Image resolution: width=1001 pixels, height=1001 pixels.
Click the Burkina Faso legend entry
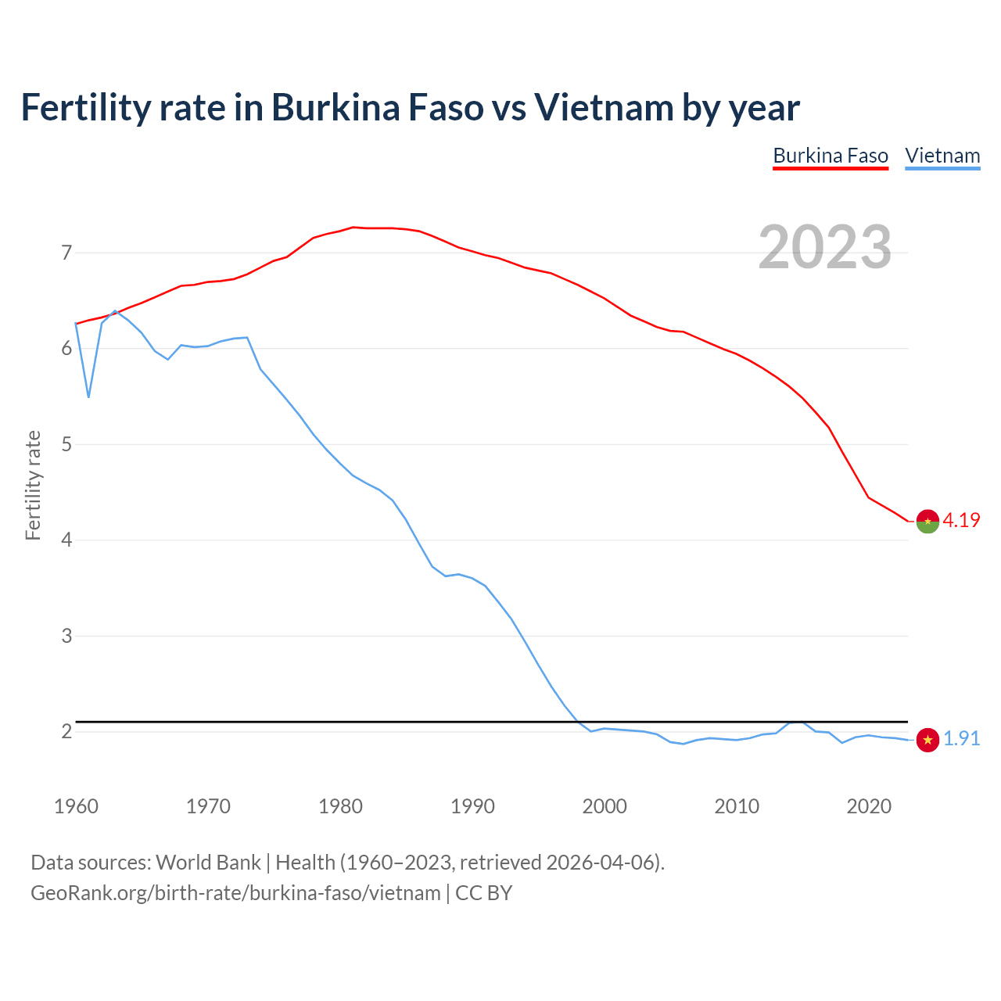click(831, 156)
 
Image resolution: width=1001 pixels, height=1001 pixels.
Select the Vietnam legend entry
click(942, 156)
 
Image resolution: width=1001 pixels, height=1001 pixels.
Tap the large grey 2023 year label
click(825, 247)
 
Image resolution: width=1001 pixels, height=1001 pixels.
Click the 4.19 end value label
click(961, 521)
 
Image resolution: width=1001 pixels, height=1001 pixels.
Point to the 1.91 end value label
click(961, 739)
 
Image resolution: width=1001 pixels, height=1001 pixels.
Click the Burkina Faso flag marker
click(927, 522)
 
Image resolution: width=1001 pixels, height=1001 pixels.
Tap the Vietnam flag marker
click(927, 740)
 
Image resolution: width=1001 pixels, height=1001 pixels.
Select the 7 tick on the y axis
click(66, 253)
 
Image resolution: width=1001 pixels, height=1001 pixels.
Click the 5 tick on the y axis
click(66, 445)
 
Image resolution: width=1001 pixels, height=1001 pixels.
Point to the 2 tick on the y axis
click(66, 732)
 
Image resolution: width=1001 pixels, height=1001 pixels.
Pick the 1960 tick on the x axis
click(76, 806)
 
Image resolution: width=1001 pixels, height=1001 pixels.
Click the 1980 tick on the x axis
click(340, 806)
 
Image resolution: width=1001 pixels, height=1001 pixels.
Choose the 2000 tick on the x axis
click(605, 806)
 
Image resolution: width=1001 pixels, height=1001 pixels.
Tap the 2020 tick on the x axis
click(869, 806)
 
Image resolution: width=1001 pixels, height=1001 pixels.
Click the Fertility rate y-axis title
click(33, 485)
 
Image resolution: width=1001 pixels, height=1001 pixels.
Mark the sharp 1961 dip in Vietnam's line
click(88, 396)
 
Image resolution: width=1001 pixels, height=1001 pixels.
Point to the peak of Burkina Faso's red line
click(353, 228)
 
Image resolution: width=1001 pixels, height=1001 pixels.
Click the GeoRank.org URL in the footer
click(235, 893)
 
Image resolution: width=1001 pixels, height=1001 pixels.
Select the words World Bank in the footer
click(208, 863)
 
